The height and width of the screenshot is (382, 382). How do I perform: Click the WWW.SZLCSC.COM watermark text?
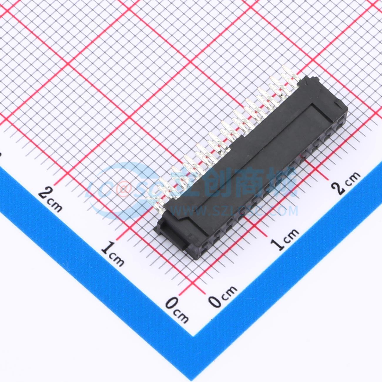[235, 211]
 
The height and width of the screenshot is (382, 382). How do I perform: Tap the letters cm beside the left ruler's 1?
[118, 259]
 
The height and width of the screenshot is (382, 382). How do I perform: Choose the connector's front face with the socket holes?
[273, 188]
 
